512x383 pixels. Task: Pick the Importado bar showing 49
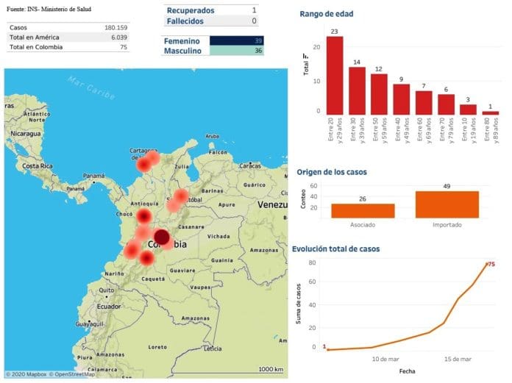click(447, 204)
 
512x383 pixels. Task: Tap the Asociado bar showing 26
click(363, 210)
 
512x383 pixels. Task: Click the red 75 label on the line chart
click(490, 265)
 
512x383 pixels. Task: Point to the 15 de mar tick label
click(458, 359)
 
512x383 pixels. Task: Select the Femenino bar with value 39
click(237, 41)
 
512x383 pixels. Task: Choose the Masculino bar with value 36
click(237, 51)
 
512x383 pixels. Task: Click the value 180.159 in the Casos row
click(117, 27)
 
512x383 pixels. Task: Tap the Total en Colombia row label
click(36, 47)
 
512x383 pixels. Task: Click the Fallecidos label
click(185, 21)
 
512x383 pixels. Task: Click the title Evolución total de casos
click(336, 249)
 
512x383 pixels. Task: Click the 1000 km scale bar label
click(271, 369)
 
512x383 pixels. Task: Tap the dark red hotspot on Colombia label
click(161, 238)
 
